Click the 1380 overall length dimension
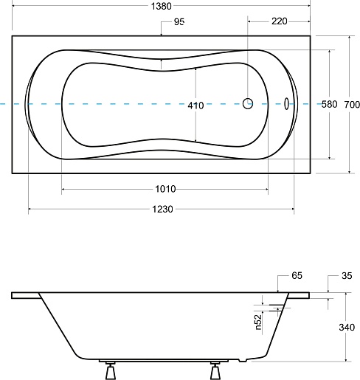pos(161,6)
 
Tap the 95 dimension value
pos(179,22)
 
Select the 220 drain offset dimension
pos(280,21)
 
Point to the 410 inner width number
pos(195,106)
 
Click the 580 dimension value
pos(329,104)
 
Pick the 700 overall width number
pos(352,105)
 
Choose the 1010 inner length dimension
pos(165,189)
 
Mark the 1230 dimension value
pos(162,209)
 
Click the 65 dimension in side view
pos(297,275)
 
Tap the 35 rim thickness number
pos(347,276)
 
